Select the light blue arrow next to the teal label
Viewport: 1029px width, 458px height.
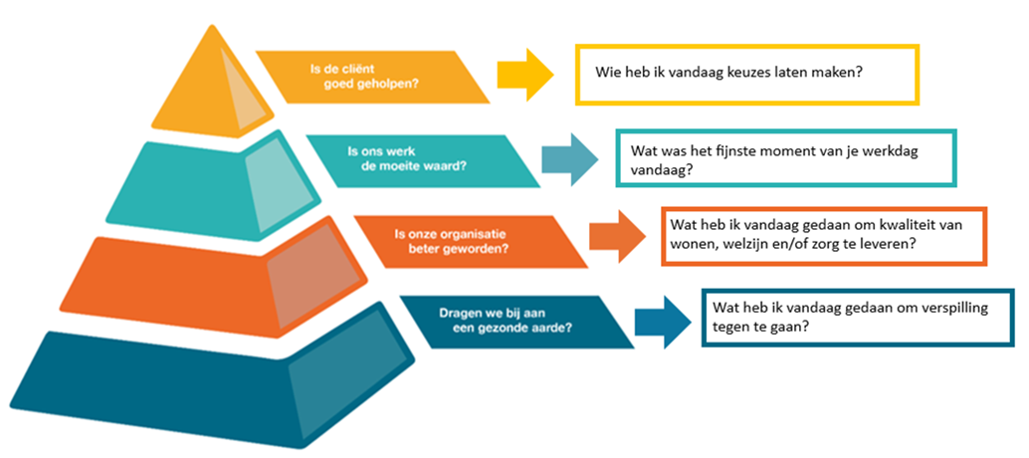[x=569, y=158]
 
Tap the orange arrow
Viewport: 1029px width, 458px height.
[x=616, y=237]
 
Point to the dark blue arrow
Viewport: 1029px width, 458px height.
[x=663, y=321]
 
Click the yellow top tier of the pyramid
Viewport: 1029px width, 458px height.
[x=210, y=86]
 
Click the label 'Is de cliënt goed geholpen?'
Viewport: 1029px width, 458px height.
[x=373, y=77]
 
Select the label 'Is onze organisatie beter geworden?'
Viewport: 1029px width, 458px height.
[x=471, y=241]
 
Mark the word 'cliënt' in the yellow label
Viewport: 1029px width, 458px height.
[x=350, y=69]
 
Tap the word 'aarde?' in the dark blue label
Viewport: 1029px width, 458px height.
[x=552, y=330]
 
